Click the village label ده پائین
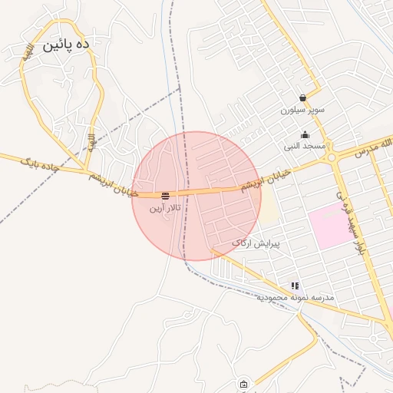point(66,45)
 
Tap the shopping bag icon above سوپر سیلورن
point(303,98)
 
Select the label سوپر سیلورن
point(302,110)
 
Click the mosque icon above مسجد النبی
point(305,134)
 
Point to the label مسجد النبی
point(305,146)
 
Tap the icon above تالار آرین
point(166,196)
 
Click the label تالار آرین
point(166,207)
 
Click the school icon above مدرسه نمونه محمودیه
point(295,286)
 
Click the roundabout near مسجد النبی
point(332,158)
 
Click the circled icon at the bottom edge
point(244,385)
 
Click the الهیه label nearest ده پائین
point(28,54)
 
